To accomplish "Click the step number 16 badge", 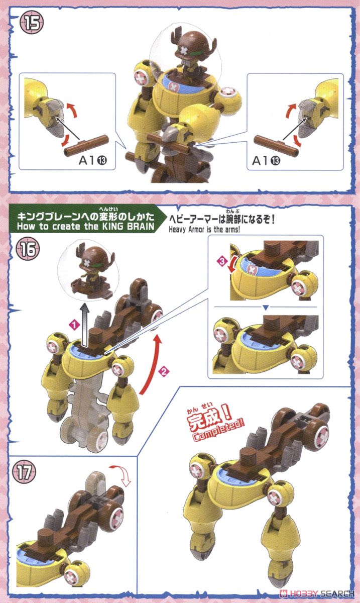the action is tap(28, 249).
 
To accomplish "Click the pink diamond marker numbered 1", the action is tap(74, 325).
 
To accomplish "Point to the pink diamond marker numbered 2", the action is tap(164, 372).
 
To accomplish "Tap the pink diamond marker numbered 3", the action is tap(222, 261).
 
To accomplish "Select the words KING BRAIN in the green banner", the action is tap(128, 226).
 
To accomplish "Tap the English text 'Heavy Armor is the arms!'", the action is tap(204, 230).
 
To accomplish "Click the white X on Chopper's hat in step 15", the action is tap(184, 50).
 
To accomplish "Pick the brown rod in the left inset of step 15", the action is tap(86, 145).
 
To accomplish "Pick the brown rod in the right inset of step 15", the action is tap(276, 145).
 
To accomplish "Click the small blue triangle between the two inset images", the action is tap(265, 307).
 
